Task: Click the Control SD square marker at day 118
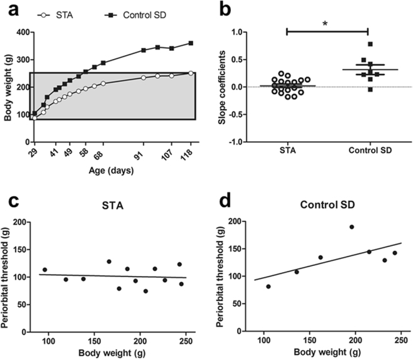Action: (190, 43)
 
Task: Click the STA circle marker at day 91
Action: (144, 78)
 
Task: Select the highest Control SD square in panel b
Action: (371, 44)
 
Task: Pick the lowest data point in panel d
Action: (268, 286)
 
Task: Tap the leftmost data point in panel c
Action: (45, 270)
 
